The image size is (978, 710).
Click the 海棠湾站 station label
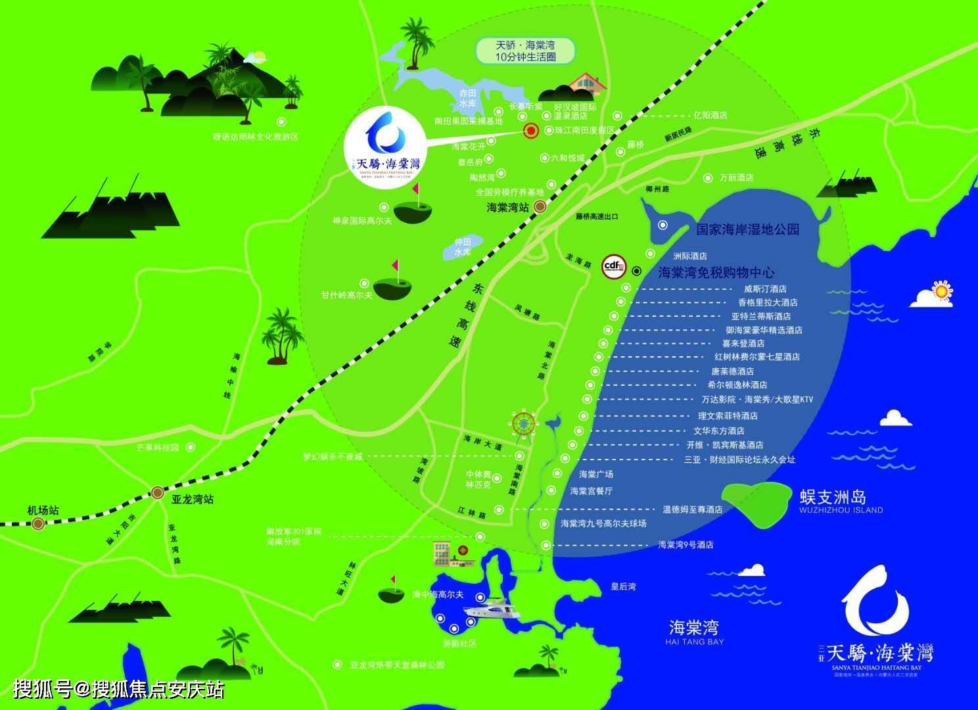507,207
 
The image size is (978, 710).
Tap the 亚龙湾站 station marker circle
158,493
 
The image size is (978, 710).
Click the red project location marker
530,131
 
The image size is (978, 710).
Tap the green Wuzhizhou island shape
757,502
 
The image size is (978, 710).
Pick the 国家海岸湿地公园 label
748,229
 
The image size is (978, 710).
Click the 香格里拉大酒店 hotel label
768,302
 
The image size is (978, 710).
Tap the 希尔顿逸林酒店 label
737,385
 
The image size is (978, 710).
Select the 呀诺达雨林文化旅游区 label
256,137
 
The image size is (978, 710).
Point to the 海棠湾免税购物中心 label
716,272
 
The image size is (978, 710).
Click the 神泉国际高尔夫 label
362,221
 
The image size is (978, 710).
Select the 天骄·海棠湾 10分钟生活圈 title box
525,51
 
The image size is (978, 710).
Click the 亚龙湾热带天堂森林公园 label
397,665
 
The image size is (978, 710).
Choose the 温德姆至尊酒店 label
692,509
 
